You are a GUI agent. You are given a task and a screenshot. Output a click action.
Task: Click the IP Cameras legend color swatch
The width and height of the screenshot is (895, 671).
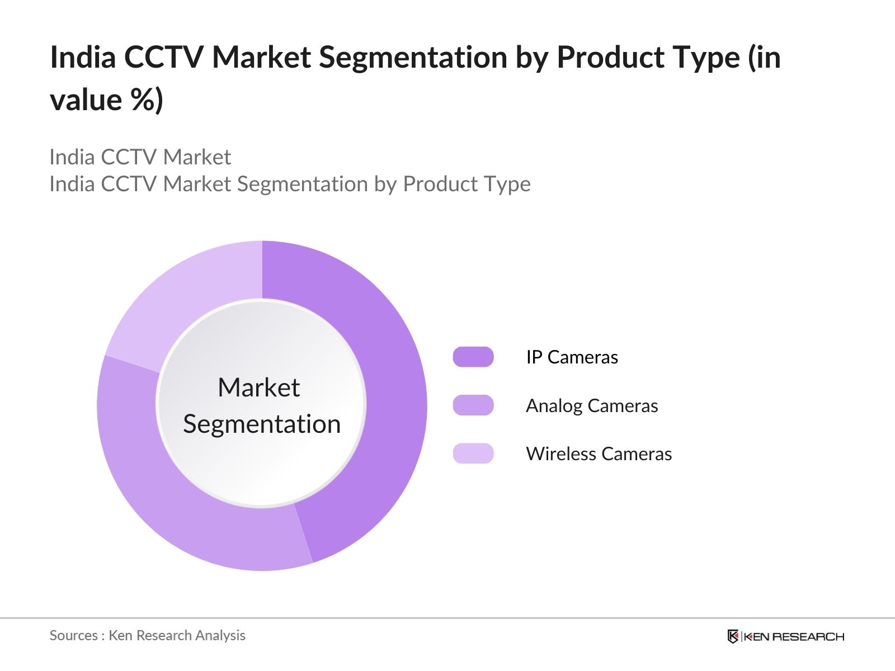coord(473,357)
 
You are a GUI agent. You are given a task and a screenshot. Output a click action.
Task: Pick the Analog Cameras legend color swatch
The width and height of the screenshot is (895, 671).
coord(473,405)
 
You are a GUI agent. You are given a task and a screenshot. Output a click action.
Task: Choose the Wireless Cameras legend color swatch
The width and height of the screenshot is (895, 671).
coord(473,453)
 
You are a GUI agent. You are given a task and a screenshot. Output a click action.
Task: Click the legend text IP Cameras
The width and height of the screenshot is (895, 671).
coord(572,357)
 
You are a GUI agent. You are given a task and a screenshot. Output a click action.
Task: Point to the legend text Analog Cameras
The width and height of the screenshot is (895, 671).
coord(592,406)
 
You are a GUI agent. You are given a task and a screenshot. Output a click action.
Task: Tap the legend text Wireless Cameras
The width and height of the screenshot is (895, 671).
coord(599,454)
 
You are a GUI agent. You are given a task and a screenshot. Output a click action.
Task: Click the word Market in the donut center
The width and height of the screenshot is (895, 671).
coord(259,387)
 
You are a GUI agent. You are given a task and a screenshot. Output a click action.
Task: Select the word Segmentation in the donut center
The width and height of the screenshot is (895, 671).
coord(262,424)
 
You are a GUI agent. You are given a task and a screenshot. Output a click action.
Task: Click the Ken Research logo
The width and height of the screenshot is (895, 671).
coord(786,636)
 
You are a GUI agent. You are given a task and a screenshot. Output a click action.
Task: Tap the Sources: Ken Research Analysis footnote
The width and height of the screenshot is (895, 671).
coord(147,636)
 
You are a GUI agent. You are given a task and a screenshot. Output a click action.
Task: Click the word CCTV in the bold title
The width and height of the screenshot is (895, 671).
coord(163,57)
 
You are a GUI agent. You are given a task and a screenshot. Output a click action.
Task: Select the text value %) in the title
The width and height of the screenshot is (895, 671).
coord(106,100)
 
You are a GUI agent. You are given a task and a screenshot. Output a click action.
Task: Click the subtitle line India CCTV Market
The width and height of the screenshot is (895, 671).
coord(140,157)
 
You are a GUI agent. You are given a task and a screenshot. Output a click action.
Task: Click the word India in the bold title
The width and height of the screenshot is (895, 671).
coord(83,57)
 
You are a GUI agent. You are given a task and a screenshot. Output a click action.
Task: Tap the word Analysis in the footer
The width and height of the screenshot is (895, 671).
coord(220,636)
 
